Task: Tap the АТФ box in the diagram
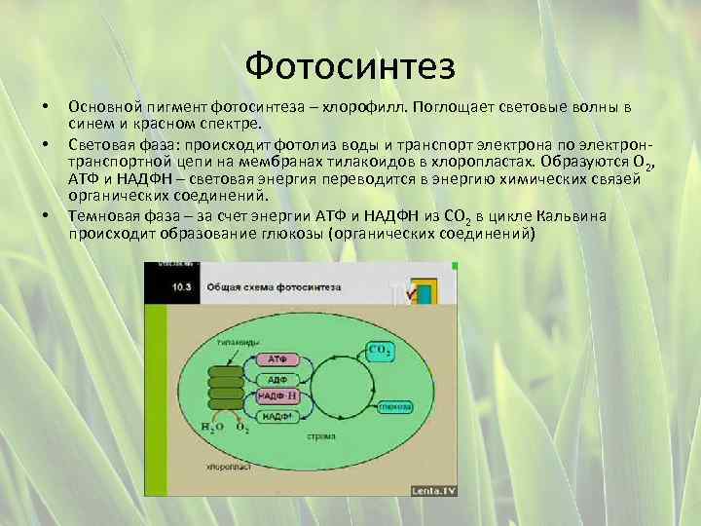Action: pyautogui.click(x=277, y=359)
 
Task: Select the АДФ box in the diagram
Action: pyautogui.click(x=277, y=379)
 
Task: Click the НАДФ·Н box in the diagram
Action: pyautogui.click(x=277, y=396)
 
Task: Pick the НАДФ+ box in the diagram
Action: pyautogui.click(x=277, y=416)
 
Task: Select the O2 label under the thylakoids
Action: pyautogui.click(x=241, y=428)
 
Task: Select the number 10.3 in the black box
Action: pyautogui.click(x=182, y=288)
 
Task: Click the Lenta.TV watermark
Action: pyautogui.click(x=433, y=490)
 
